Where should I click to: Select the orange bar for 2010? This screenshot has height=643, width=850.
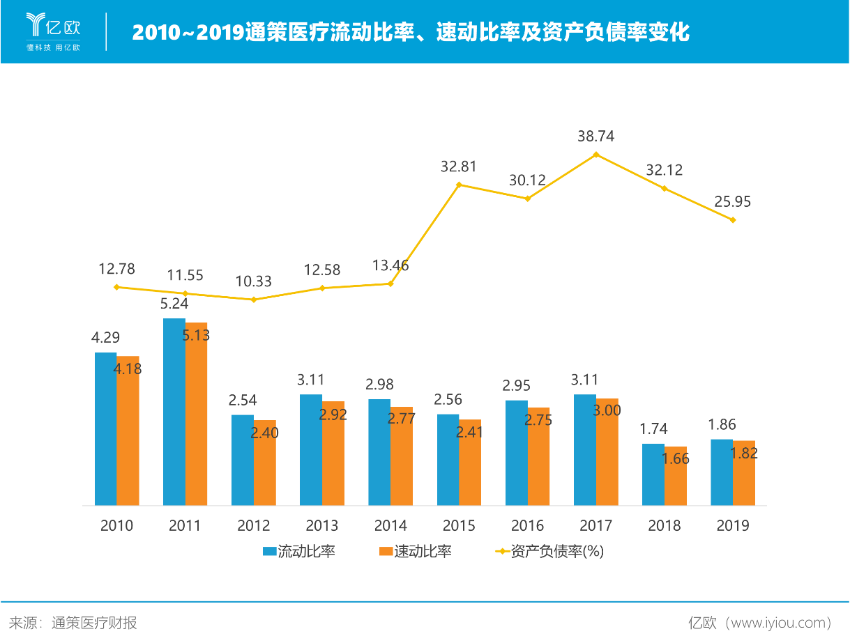pos(128,430)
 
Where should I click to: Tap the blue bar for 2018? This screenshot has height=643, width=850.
pos(653,474)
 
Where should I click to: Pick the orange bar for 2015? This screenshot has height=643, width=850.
pos(471,462)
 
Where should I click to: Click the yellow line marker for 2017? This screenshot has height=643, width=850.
pos(596,154)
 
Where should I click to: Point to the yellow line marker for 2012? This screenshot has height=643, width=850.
pos(254,300)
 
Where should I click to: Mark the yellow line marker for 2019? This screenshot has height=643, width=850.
pos(733,220)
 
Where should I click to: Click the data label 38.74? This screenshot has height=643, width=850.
pos(595,137)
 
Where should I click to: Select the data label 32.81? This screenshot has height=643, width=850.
pos(459,166)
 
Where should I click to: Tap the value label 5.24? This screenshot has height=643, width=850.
pos(174,303)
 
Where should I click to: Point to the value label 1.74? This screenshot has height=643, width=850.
pos(653,430)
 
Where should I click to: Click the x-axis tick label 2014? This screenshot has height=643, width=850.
pos(390,525)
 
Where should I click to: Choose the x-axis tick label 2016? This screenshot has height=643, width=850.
pos(527,525)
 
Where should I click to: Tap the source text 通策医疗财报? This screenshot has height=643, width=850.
pos(93,622)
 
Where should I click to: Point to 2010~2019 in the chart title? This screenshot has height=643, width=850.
pos(188,32)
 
